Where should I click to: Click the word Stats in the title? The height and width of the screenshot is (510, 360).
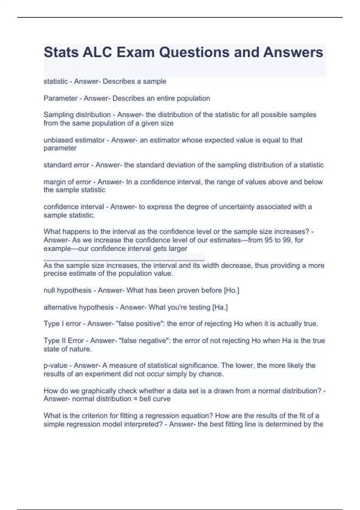(x=61, y=52)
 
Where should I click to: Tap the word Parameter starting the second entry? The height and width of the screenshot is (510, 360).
(x=60, y=98)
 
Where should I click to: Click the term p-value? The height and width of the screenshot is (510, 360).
(x=55, y=365)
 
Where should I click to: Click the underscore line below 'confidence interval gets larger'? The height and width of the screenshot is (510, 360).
(x=124, y=257)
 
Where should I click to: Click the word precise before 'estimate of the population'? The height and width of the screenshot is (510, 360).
(x=55, y=274)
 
